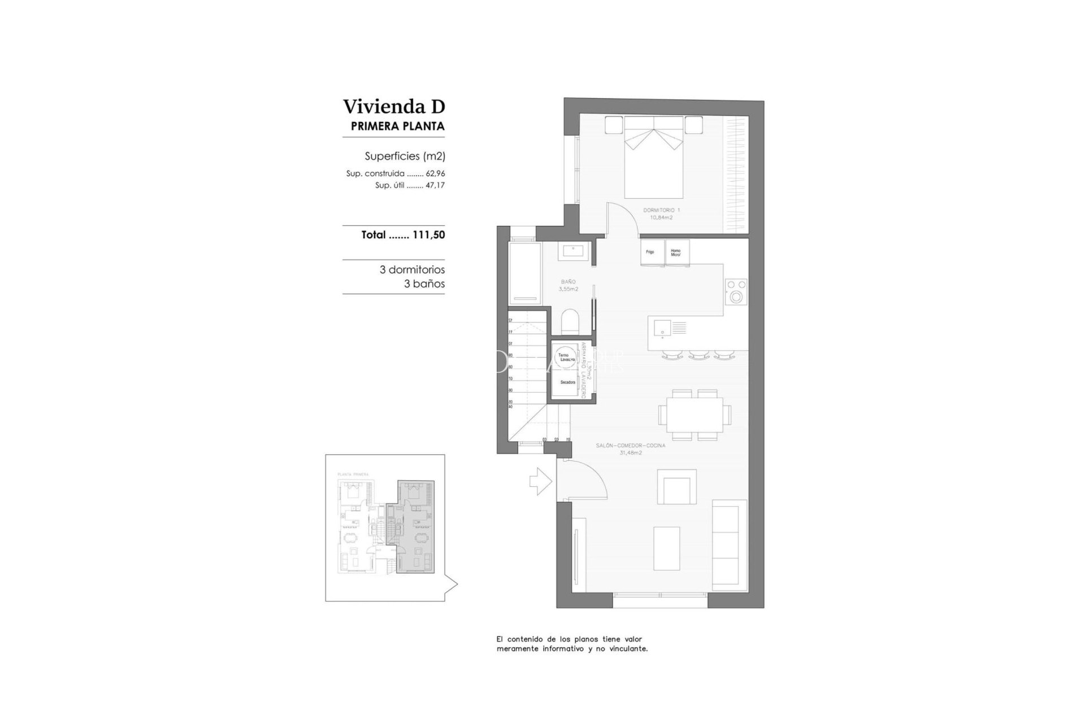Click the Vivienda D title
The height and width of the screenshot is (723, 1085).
click(394, 106)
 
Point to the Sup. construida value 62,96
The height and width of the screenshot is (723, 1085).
click(435, 174)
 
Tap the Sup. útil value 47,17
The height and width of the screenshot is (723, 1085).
click(435, 185)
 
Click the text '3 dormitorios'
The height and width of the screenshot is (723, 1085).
click(412, 270)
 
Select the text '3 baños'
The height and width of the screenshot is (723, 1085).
click(424, 284)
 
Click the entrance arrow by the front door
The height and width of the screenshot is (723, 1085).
click(540, 481)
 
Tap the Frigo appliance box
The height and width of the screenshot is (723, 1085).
click(650, 252)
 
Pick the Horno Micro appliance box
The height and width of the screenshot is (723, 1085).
click(676, 252)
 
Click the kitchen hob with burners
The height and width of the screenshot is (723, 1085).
click(736, 291)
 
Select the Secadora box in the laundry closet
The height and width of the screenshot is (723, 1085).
click(567, 383)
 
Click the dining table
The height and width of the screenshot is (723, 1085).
click(694, 415)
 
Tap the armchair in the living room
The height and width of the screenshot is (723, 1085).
click(676, 486)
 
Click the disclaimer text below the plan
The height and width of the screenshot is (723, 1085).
click(572, 644)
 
